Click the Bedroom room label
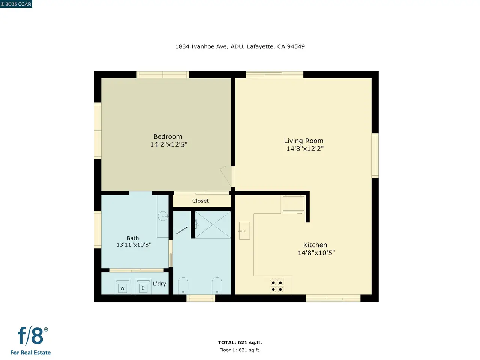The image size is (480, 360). [x=168, y=136]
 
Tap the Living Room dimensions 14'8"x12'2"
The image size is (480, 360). [x=305, y=148]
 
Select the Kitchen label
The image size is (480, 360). [x=315, y=245]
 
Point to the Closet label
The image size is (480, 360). [x=201, y=201]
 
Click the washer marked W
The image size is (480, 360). [x=122, y=286]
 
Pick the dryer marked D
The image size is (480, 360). [x=143, y=286]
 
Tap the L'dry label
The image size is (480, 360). [x=159, y=284]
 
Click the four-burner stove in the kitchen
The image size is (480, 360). [x=277, y=285]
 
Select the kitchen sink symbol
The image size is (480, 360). [x=244, y=231]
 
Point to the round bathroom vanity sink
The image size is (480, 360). [x=163, y=216]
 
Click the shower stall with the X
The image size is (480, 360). [x=213, y=225]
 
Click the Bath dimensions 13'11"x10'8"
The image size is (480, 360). [x=133, y=244]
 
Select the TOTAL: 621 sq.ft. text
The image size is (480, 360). [x=240, y=342]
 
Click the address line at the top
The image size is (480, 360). [x=240, y=46]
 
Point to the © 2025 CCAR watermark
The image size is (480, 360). [x=16, y=4]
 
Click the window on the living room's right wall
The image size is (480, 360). [x=375, y=156]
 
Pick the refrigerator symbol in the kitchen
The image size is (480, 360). [x=293, y=204]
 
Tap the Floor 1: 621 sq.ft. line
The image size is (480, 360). [x=240, y=350]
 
